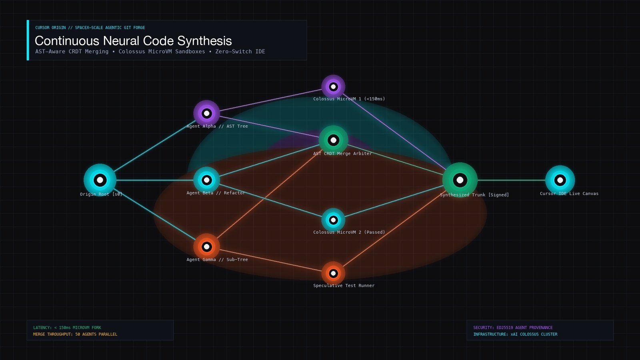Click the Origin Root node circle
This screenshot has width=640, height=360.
[100, 180]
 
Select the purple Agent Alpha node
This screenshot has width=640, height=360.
[206, 114]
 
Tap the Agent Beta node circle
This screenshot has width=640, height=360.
[206, 180]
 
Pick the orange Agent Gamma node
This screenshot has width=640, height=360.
[206, 246]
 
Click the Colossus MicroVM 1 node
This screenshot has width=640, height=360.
[333, 86]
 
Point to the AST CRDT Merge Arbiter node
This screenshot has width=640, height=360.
[333, 140]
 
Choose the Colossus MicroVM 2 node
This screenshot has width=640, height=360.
[333, 220]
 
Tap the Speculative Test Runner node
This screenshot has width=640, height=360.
[333, 274]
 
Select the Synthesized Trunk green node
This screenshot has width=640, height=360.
[460, 180]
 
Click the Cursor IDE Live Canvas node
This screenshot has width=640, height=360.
[560, 180]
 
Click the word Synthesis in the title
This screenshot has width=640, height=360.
[204, 41]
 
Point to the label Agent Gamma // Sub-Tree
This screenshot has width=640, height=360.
[217, 260]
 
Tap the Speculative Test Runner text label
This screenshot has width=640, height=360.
[344, 286]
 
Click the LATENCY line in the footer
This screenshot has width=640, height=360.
[67, 328]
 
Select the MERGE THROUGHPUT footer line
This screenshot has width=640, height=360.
[75, 334]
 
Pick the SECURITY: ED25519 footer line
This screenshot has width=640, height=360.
[513, 328]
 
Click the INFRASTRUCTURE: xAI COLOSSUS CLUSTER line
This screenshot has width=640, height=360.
[515, 334]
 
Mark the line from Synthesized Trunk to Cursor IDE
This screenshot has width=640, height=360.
[512, 180]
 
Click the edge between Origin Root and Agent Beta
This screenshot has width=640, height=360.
[154, 180]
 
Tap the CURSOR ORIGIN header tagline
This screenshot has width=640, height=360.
[90, 28]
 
